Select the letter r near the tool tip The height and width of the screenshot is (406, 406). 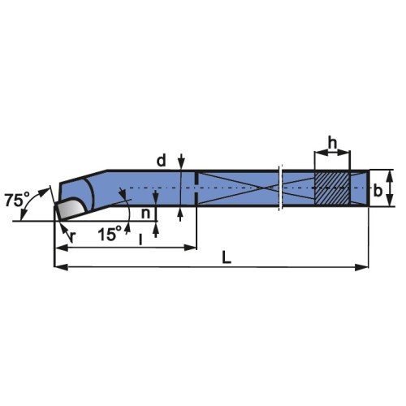click(72, 237)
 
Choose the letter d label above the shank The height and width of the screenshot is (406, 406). click(161, 161)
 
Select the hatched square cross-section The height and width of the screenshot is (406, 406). click(332, 188)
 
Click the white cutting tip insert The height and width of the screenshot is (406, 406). click(70, 208)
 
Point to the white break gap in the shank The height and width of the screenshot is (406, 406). click(280, 188)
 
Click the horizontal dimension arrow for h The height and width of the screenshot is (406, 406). click(332, 153)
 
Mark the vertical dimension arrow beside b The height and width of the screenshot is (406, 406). click(391, 188)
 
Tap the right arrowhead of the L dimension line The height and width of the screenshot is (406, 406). click(364, 266)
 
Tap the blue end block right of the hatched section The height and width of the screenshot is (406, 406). click(359, 188)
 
